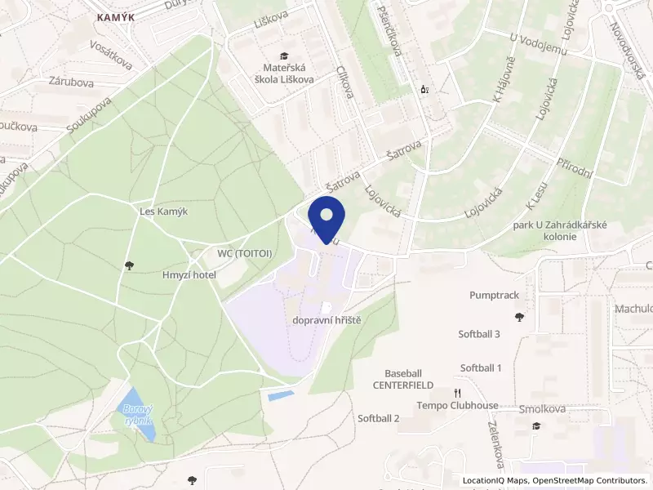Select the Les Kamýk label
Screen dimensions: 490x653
tap(164, 211)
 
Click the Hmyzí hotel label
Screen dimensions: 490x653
tap(188, 275)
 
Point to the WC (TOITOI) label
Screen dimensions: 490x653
tap(244, 253)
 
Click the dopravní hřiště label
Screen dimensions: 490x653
tap(326, 320)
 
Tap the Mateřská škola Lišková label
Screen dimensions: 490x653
tap(283, 74)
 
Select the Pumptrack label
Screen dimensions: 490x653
tap(494, 295)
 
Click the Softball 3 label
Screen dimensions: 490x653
tap(479, 333)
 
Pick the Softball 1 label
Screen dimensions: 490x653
tap(481, 367)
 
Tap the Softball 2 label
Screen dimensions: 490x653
tap(379, 418)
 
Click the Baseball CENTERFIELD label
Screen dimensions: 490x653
tap(403, 378)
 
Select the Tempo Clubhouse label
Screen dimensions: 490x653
tap(457, 405)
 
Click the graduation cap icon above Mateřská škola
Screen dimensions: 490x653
tap(283, 55)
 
